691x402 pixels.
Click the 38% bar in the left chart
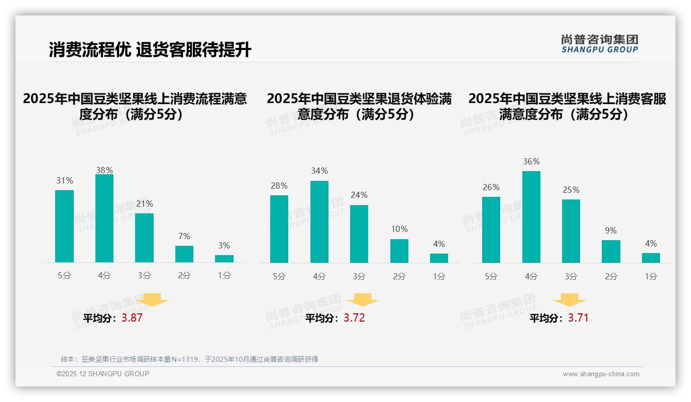[x=104, y=219]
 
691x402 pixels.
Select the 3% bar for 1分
[x=224, y=259]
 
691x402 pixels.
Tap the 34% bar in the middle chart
[x=319, y=222]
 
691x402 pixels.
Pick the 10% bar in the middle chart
[x=399, y=251]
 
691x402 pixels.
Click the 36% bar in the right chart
[x=531, y=217]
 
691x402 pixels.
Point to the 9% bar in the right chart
[x=611, y=252]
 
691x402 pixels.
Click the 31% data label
[x=64, y=181]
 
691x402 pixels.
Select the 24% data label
[x=359, y=195]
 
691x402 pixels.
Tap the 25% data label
[x=571, y=190]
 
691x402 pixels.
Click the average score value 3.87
[x=132, y=318]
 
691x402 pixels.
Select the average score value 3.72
[x=354, y=318]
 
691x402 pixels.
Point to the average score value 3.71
[x=578, y=318]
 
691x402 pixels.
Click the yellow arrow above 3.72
[x=363, y=300]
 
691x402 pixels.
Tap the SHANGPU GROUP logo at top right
[x=600, y=44]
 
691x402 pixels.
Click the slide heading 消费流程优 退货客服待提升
[x=150, y=50]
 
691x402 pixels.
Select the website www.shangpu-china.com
[x=601, y=374]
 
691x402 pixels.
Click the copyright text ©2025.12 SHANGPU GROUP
[x=103, y=374]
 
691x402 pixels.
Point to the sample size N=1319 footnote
[x=189, y=359]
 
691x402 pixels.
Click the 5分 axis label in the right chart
[x=491, y=276]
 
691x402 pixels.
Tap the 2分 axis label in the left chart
[x=184, y=276]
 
